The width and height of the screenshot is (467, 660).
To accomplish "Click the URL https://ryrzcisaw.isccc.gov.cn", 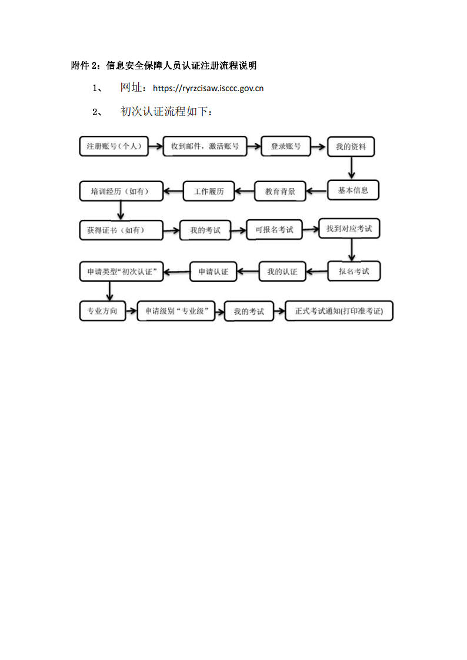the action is [x=208, y=88].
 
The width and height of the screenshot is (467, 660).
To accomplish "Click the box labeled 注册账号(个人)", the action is [x=114, y=146].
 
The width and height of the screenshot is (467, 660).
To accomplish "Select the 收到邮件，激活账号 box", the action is [x=205, y=146].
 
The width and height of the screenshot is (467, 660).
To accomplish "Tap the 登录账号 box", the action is [x=285, y=146].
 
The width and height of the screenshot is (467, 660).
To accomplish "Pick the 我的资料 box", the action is [x=351, y=147].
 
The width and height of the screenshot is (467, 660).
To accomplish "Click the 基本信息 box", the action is [x=353, y=190].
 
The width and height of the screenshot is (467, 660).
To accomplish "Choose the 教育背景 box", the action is [x=280, y=192].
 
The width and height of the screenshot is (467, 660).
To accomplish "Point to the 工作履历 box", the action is [x=208, y=192].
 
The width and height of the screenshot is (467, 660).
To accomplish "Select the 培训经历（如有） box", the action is [x=121, y=191].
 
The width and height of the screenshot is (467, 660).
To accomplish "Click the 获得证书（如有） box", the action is [x=121, y=230].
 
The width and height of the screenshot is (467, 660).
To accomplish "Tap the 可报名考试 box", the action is [x=274, y=230].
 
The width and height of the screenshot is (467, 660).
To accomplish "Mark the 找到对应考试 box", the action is [x=349, y=229].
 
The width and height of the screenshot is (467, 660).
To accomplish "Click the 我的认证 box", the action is [x=282, y=272].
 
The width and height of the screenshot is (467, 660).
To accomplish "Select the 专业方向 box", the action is [x=102, y=311].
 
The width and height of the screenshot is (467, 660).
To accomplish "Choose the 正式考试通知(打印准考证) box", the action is [x=339, y=311].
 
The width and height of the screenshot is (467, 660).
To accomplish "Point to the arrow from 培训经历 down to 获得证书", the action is [x=121, y=210].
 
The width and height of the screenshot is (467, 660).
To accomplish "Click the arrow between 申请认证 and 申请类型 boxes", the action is [x=176, y=272].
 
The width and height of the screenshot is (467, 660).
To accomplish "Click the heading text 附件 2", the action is [x=84, y=66].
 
